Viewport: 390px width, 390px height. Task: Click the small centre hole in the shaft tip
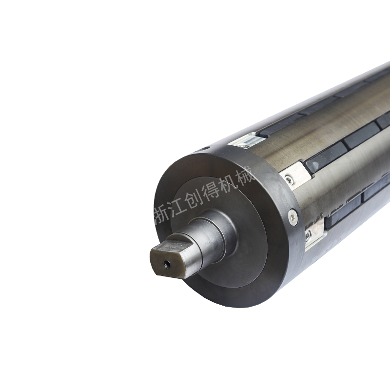pos(166,265)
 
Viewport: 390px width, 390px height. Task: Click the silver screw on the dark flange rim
pos(293,217)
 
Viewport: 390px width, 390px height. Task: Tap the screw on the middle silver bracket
pos(289,179)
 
